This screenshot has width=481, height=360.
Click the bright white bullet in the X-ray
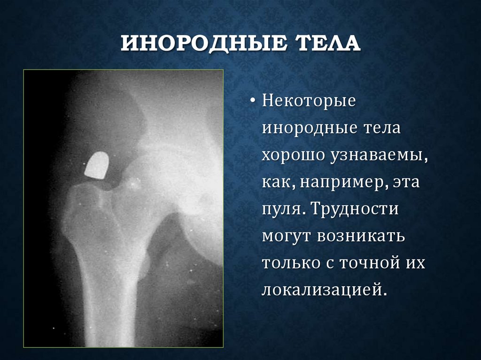(97, 166)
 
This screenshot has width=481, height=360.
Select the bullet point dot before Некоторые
(253, 102)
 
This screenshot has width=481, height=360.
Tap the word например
(344, 182)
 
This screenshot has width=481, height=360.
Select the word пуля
(281, 209)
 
